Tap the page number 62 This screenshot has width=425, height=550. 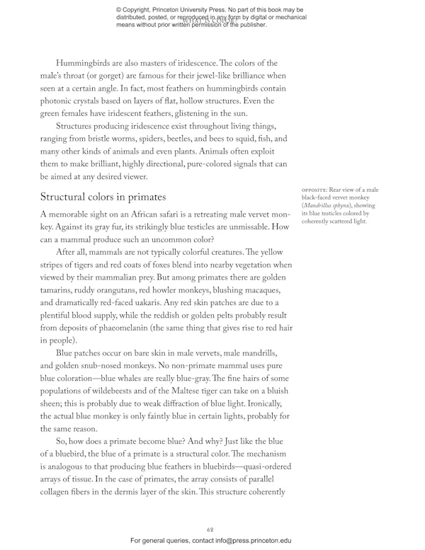(x=210, y=529)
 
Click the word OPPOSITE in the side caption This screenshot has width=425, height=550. (x=317, y=190)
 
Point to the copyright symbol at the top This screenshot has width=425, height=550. (x=120, y=9)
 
